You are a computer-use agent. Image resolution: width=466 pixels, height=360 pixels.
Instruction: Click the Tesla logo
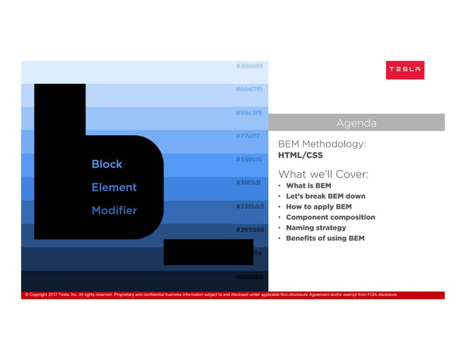(x=404, y=69)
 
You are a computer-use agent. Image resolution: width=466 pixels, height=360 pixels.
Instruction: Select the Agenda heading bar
(x=361, y=122)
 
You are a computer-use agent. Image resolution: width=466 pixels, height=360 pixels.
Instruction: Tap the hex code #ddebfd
(x=249, y=66)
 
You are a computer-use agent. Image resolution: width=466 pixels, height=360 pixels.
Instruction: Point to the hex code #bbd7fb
(x=249, y=89)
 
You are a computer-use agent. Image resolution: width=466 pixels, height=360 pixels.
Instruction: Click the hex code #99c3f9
(x=249, y=112)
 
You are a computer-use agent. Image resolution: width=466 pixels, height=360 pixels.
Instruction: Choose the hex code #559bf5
(x=249, y=159)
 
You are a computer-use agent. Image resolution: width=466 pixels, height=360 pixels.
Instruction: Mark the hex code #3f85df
(x=249, y=183)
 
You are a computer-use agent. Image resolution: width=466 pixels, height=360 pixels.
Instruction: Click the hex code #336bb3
(x=249, y=206)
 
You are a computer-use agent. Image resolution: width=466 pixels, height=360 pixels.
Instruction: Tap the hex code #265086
(x=249, y=229)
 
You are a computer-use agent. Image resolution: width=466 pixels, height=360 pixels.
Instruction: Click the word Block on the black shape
(x=107, y=164)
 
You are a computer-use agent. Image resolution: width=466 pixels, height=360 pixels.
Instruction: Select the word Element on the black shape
(x=114, y=187)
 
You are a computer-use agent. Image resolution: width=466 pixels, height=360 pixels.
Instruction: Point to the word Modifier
(x=114, y=210)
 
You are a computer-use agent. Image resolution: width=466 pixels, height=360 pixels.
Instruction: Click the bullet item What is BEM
(x=308, y=185)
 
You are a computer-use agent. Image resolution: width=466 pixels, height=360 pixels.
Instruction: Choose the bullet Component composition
(x=330, y=217)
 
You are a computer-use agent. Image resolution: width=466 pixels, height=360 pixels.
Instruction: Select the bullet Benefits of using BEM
(x=325, y=238)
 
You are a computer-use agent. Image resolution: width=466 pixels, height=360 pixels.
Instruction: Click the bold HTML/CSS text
(x=301, y=155)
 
